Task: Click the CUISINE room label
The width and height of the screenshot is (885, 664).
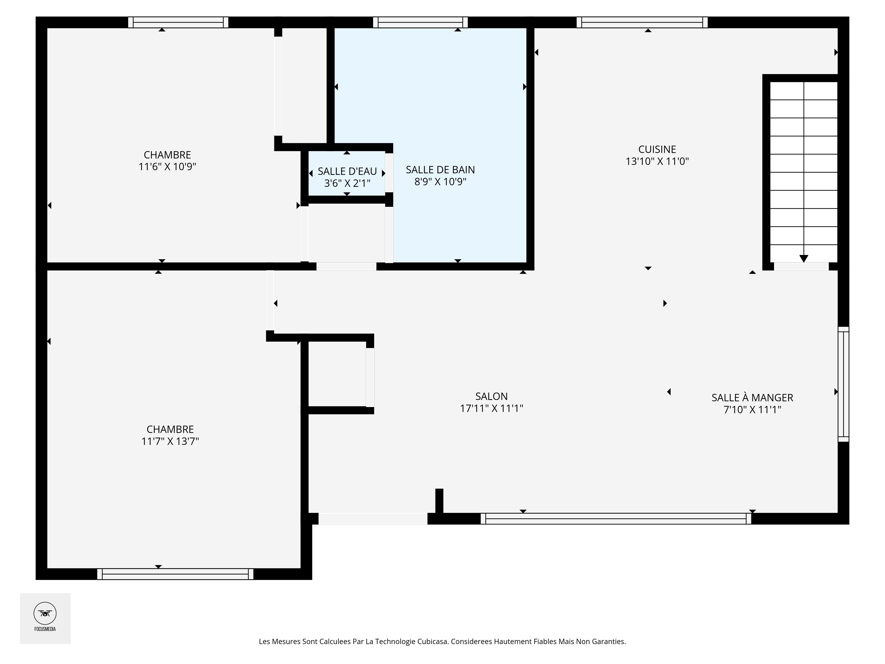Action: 657,149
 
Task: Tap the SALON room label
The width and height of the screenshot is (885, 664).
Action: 491,396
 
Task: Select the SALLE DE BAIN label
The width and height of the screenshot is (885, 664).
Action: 440,170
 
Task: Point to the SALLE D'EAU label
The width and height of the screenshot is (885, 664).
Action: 347,171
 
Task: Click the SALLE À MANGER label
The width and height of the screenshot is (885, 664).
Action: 752,398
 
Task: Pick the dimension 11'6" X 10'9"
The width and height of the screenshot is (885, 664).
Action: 167,166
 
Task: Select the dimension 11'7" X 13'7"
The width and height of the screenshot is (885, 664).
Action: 170,441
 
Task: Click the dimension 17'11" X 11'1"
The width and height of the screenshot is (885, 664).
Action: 491,408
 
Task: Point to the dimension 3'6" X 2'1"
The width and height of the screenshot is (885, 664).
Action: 347,183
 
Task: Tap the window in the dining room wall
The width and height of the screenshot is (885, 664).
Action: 843,384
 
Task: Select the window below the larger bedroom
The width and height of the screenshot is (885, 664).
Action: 175,574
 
